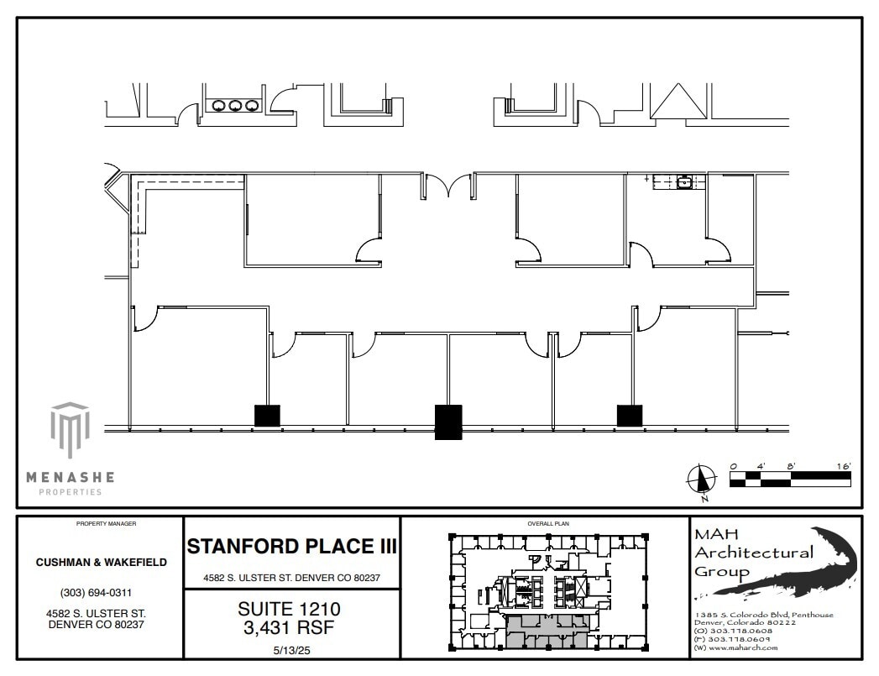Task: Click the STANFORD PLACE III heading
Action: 291,546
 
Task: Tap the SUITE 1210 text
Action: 290,607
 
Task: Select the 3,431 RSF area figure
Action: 290,625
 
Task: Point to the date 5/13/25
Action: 290,648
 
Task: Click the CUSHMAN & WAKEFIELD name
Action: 101,562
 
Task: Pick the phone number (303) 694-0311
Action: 101,593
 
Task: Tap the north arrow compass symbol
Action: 700,479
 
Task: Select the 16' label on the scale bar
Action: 843,466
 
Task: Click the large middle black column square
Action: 448,422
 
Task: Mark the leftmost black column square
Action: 267,415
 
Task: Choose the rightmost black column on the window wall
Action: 630,415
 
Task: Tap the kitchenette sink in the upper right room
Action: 684,181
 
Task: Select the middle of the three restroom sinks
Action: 235,106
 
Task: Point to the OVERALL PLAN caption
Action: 548,523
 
